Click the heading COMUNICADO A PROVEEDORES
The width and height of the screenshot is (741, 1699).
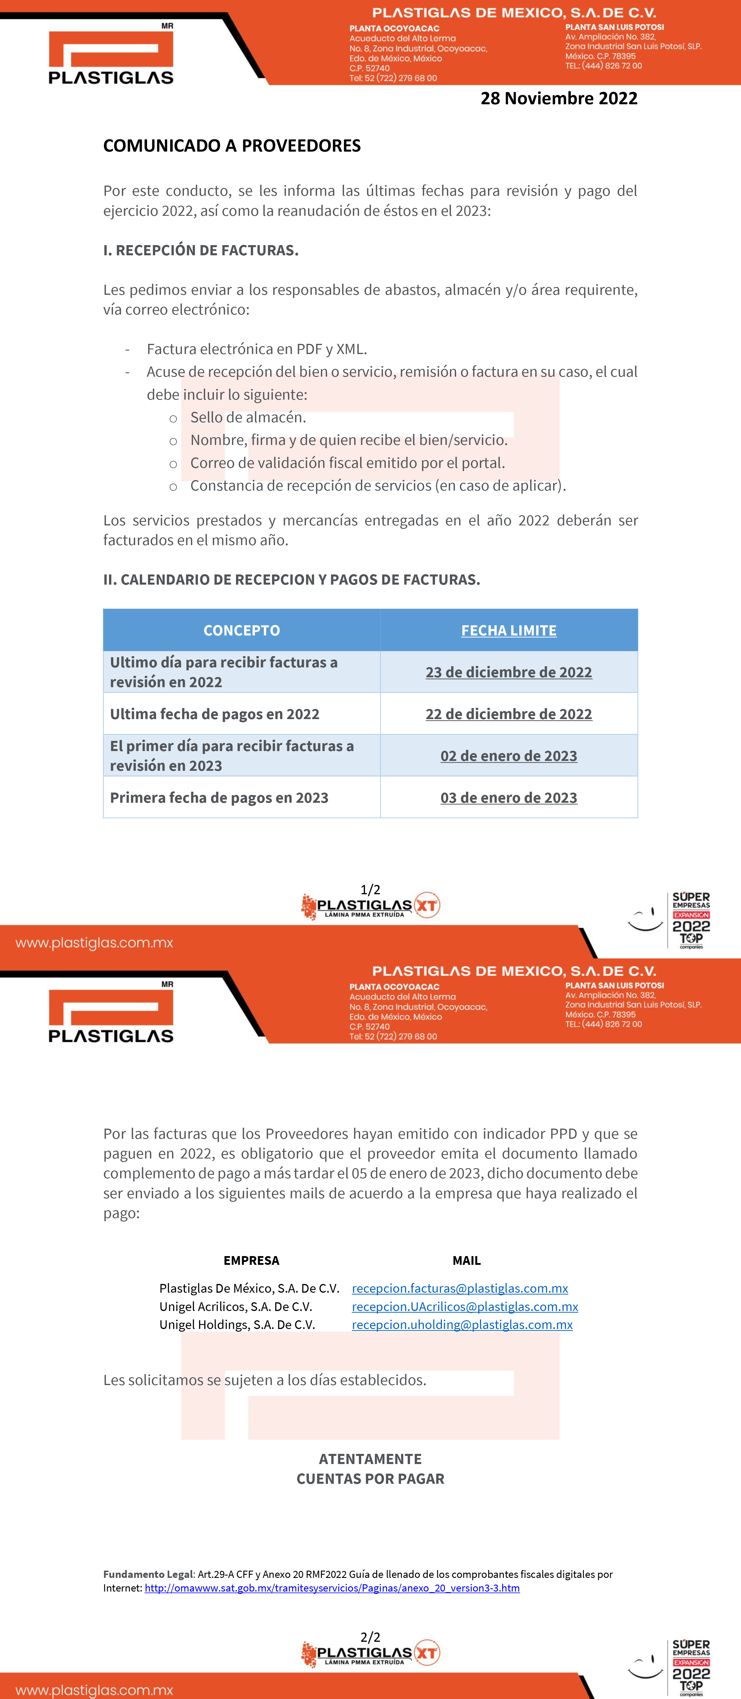pos(232,146)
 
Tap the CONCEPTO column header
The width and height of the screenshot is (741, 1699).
pos(241,631)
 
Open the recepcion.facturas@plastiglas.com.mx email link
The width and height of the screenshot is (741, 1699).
pos(460,1288)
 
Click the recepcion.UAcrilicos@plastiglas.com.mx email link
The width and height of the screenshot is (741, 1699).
pos(465,1307)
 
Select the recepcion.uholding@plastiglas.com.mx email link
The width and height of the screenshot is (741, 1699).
pos(462,1324)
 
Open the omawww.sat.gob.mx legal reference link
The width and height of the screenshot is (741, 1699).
pos(332,1588)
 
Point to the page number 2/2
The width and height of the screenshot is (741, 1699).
pos(370,1637)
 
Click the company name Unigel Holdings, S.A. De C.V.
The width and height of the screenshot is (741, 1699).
pos(237,1324)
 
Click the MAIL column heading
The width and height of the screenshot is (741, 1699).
pos(466,1260)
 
